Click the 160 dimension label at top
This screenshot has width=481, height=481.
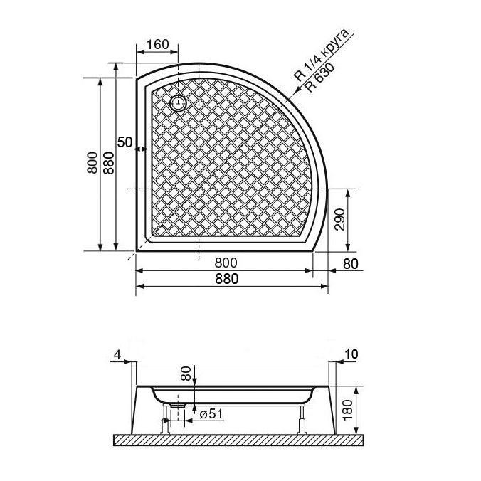coord(158,45)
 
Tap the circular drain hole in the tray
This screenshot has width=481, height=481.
coord(178,102)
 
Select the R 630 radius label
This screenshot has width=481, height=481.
coord(321,78)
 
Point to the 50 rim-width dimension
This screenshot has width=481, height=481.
coord(125,142)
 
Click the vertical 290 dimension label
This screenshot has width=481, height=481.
coord(339,219)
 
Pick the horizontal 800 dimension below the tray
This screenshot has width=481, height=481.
coord(226,263)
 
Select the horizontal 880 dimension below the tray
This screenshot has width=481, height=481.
coord(227,279)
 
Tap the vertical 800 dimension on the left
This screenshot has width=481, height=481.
coord(92,163)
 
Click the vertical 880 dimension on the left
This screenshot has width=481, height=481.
coord(109,163)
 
